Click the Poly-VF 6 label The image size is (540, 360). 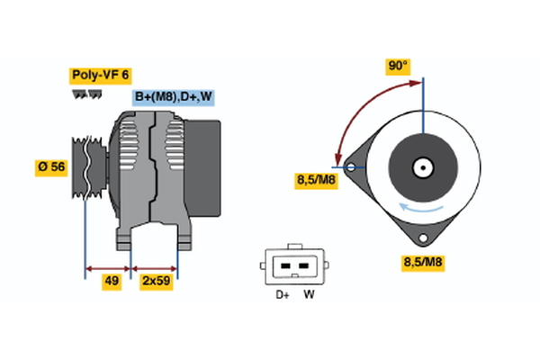pos(101,76)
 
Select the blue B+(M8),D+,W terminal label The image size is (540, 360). pos(174,97)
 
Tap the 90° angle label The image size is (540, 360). pos(398,66)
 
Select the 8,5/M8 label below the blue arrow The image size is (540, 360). pos(421,262)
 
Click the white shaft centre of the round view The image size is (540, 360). pos(422,167)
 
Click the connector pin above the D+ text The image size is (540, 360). pos(283,267)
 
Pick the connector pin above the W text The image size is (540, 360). pos(303,267)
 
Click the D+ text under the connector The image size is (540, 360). pos(282,294)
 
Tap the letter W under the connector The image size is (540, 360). pos(309,294)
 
